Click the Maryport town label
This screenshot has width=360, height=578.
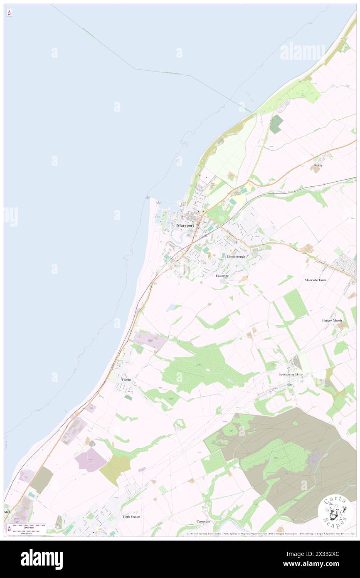pyautogui.click(x=185, y=225)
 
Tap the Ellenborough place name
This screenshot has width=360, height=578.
pyautogui.click(x=236, y=257)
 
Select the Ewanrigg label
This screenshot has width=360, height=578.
pyautogui.click(x=222, y=276)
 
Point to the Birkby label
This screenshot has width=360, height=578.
pyautogui.click(x=318, y=165)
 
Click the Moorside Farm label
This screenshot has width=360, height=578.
pyautogui.click(x=315, y=280)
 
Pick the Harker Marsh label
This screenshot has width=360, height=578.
pyautogui.click(x=332, y=321)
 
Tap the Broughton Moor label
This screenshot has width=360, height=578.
pyautogui.click(x=291, y=374)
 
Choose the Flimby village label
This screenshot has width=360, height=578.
pyautogui.click(x=126, y=380)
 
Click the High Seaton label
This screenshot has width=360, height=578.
pyautogui.click(x=131, y=516)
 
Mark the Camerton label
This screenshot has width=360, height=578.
pyautogui.click(x=203, y=521)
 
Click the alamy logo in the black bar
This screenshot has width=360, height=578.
pyautogui.click(x=42, y=559)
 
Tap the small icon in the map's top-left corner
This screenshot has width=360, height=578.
pyautogui.click(x=9, y=13)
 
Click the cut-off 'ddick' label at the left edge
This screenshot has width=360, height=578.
pyautogui.click(x=7, y=512)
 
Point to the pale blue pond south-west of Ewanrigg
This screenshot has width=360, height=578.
pyautogui.click(x=170, y=308)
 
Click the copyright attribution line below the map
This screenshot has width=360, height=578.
pyautogui.click(x=270, y=534)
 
